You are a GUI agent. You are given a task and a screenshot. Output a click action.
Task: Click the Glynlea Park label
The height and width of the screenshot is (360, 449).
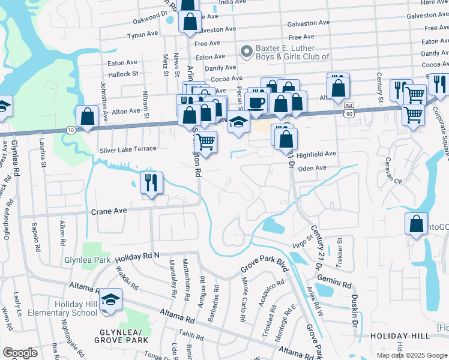click(87, 260)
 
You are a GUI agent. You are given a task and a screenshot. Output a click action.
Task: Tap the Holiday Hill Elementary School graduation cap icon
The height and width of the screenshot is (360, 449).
click(111, 300)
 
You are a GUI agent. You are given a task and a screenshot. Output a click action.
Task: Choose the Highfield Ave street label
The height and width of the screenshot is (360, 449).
click(316, 154)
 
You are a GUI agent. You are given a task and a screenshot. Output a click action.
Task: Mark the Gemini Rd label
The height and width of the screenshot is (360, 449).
click(336, 283)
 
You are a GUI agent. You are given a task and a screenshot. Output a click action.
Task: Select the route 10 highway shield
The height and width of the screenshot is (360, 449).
click(71, 129)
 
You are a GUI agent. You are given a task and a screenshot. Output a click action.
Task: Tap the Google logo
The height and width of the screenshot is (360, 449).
click(20, 353)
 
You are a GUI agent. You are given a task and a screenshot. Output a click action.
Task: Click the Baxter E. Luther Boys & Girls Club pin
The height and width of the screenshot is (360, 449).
click(245, 52)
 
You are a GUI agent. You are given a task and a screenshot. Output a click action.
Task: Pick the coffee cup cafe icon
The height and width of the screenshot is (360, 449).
click(256, 101)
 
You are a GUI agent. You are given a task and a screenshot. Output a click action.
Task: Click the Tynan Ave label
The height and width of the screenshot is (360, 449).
click(142, 36)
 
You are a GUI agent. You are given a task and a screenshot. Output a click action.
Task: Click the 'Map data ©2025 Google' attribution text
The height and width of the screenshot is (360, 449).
click(411, 355)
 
